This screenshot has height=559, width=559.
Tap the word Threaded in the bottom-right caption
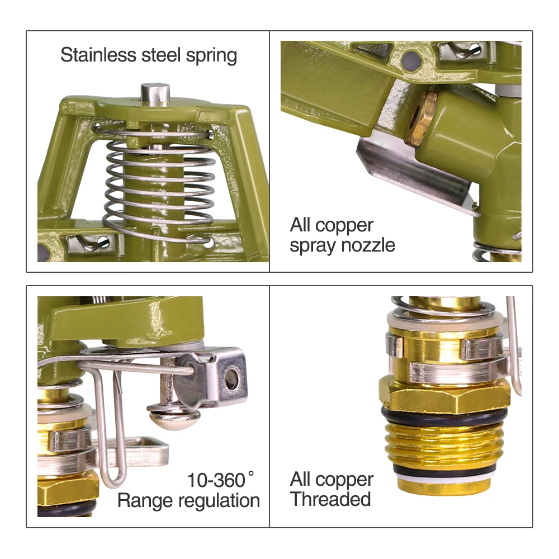click(x=330, y=499)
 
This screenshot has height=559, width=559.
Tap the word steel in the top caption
click(x=162, y=55)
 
